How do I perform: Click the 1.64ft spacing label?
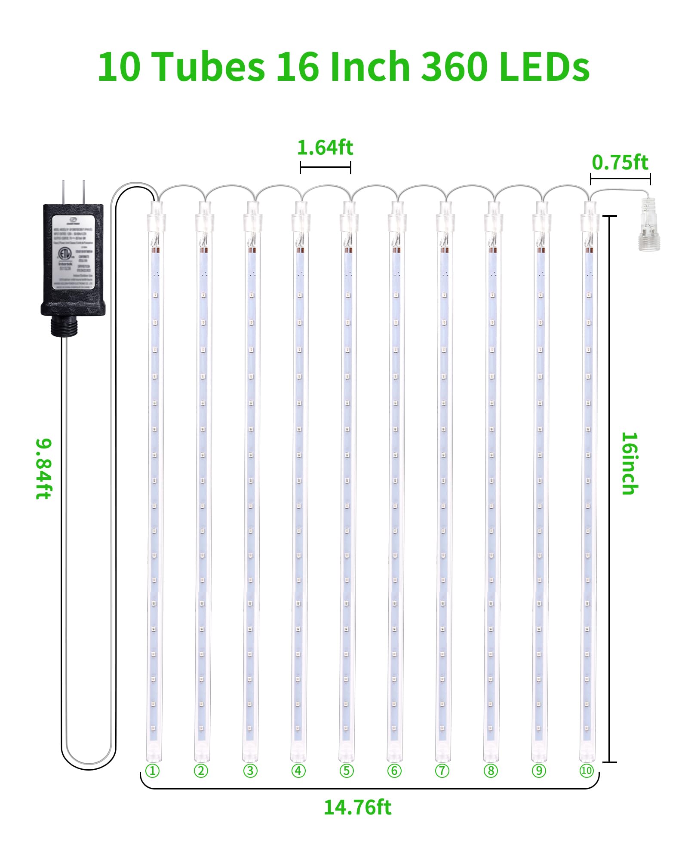pyautogui.click(x=325, y=148)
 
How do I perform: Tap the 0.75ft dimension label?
pyautogui.click(x=619, y=163)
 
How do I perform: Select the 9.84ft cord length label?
pyautogui.click(x=44, y=468)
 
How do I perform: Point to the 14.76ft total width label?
pyautogui.click(x=357, y=807)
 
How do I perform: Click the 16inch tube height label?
pyautogui.click(x=630, y=463)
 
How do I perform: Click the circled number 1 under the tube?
pyautogui.click(x=152, y=771)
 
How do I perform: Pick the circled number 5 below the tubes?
pyautogui.click(x=346, y=771)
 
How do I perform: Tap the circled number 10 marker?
pyautogui.click(x=587, y=771)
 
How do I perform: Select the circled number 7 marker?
pyautogui.click(x=442, y=771)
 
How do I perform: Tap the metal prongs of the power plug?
pyautogui.click(x=73, y=192)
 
